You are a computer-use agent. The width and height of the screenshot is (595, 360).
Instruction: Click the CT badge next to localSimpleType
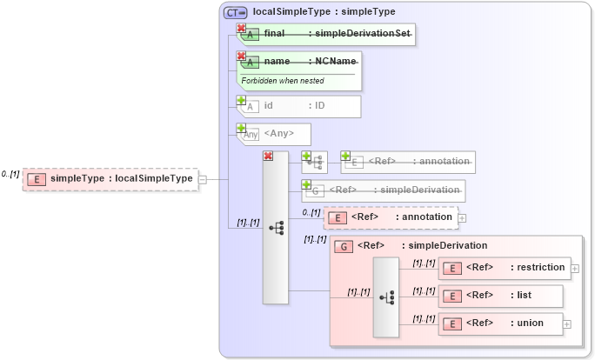click(235, 12)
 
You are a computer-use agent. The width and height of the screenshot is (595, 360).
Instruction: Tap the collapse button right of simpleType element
click(203, 179)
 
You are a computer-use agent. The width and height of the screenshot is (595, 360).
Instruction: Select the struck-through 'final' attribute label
click(275, 33)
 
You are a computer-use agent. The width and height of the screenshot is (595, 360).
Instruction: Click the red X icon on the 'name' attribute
click(241, 56)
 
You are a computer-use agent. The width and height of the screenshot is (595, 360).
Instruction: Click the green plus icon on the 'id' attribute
click(241, 101)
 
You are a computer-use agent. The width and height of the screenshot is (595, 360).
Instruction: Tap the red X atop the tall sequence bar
click(268, 156)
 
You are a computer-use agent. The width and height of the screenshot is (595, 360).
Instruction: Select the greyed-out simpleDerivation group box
click(383, 190)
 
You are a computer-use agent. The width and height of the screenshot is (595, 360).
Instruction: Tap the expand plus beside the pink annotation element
click(462, 217)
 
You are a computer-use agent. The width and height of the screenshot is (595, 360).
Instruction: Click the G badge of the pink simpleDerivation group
click(344, 246)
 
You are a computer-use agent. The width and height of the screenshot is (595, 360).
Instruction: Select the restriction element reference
click(504, 268)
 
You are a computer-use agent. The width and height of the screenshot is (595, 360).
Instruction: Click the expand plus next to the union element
click(567, 323)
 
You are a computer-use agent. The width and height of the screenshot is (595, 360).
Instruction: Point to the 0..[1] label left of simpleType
click(10, 174)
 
